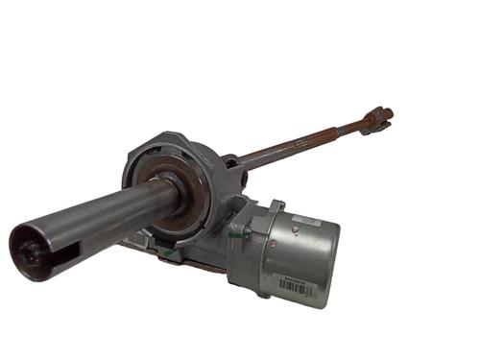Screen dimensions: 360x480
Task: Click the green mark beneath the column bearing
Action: (169, 253)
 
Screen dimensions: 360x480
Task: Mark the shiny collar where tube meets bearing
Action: (171, 192)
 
